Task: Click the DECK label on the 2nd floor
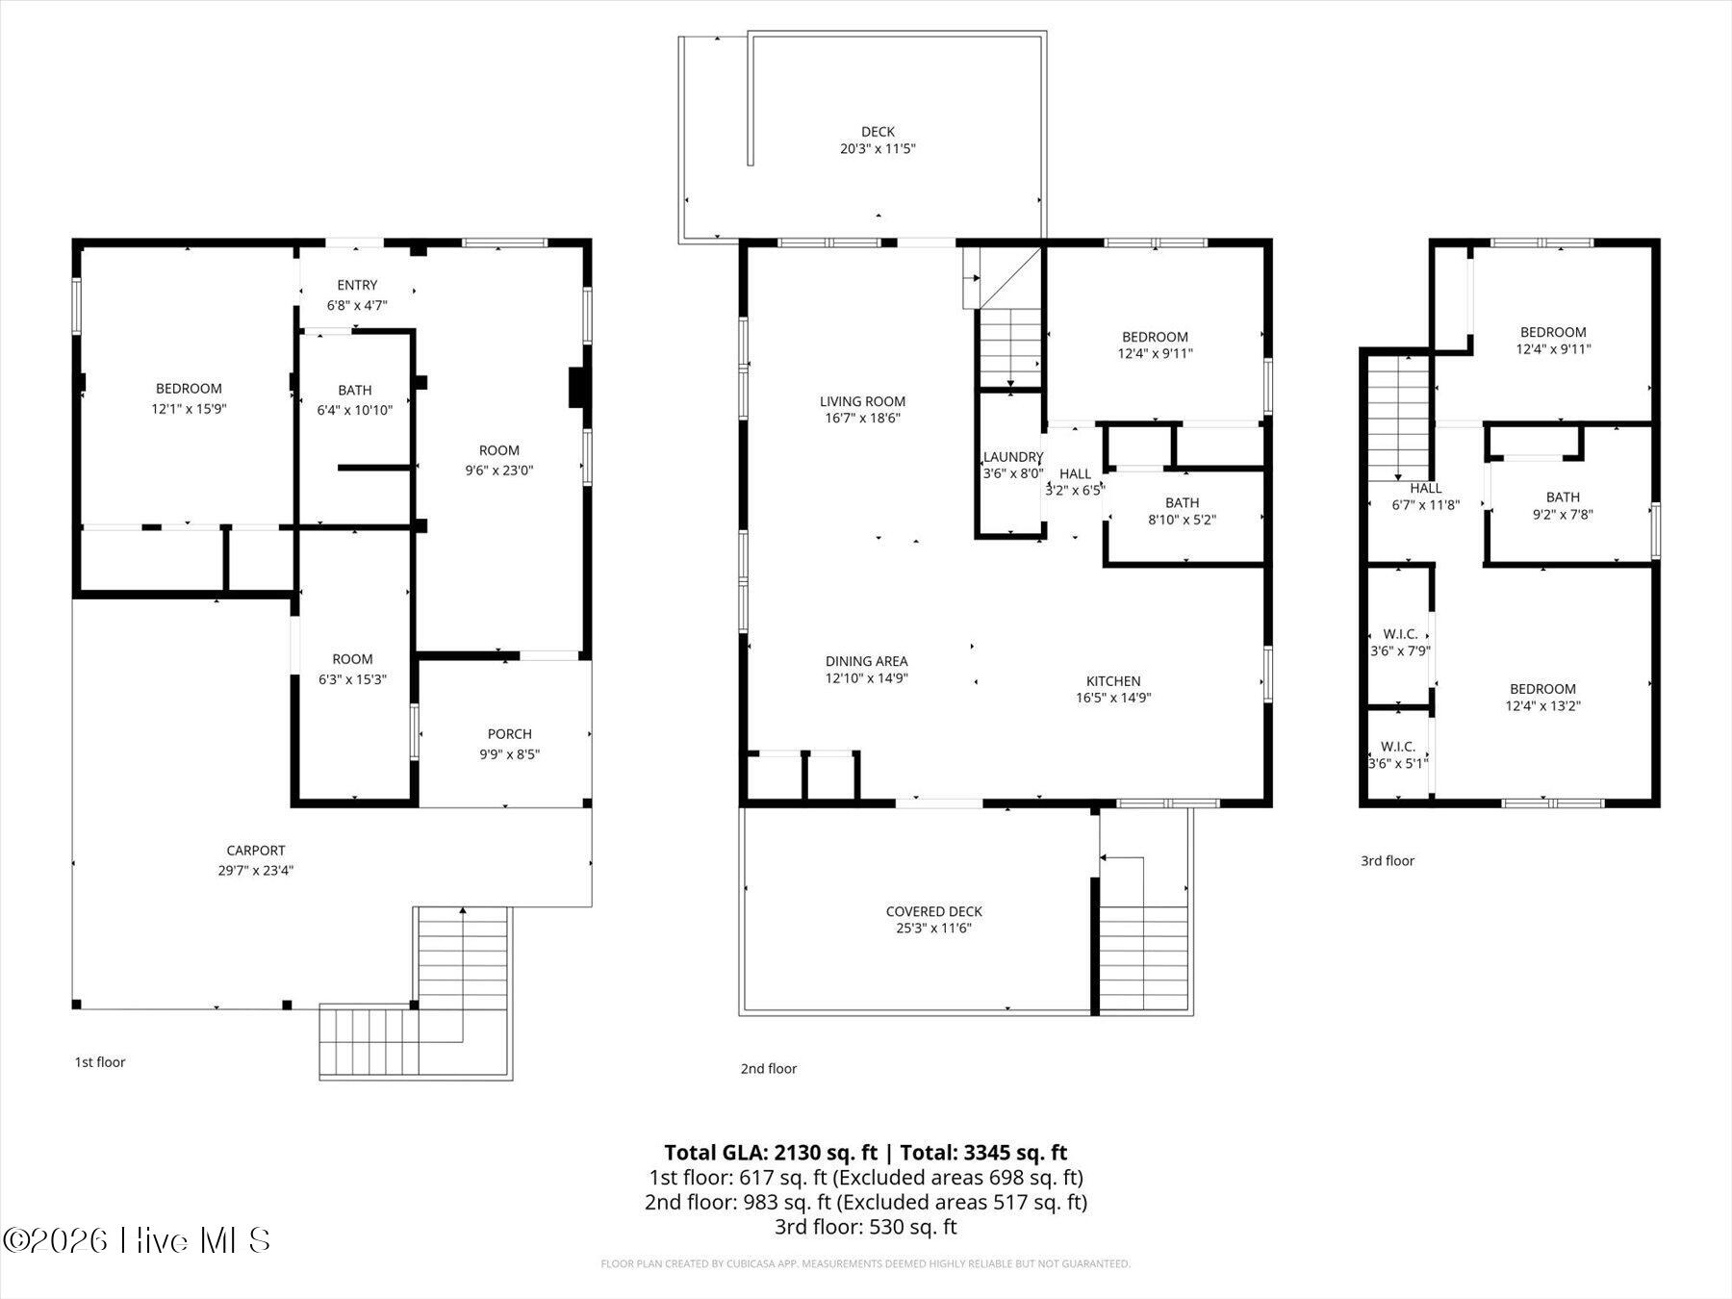coord(878,132)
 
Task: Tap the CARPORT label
coord(256,851)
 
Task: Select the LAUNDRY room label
coord(1013,457)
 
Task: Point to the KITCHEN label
coord(1113,681)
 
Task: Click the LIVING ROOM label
coord(863,401)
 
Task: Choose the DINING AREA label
coord(867,661)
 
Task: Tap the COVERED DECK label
coord(934,911)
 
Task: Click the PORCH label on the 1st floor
coord(510,734)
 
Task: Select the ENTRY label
coord(357,285)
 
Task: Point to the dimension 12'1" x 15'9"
coord(190,409)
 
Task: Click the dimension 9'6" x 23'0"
coord(499,471)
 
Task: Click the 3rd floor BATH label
coord(1563,497)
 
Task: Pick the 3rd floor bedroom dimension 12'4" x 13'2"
coord(1543,705)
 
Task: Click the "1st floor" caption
coord(100,1062)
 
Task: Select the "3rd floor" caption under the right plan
coord(1388,860)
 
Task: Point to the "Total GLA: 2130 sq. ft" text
coord(772,1153)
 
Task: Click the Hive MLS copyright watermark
coord(137,1240)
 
